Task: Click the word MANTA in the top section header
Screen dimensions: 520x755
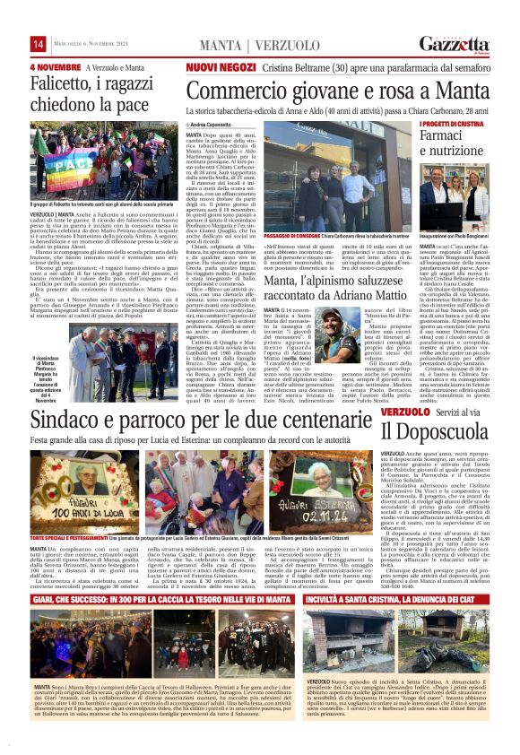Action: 220,45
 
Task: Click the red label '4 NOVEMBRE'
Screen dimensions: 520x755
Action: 56,67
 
